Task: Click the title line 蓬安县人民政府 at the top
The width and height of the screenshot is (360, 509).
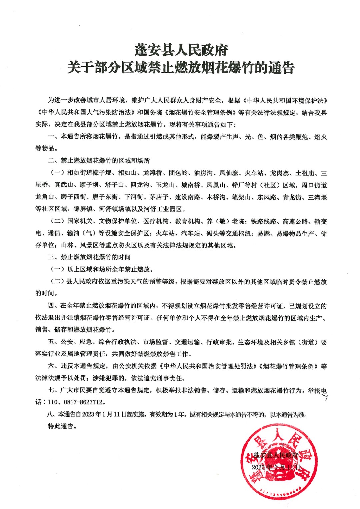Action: coord(181,50)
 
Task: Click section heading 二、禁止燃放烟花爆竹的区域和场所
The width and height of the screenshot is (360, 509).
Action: coord(99,161)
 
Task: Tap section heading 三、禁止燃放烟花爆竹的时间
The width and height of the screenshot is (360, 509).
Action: coord(89,257)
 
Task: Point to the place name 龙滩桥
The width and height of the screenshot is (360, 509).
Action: coord(153,173)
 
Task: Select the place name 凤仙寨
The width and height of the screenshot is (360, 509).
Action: coord(229,173)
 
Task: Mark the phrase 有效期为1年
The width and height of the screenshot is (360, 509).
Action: coord(167,415)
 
